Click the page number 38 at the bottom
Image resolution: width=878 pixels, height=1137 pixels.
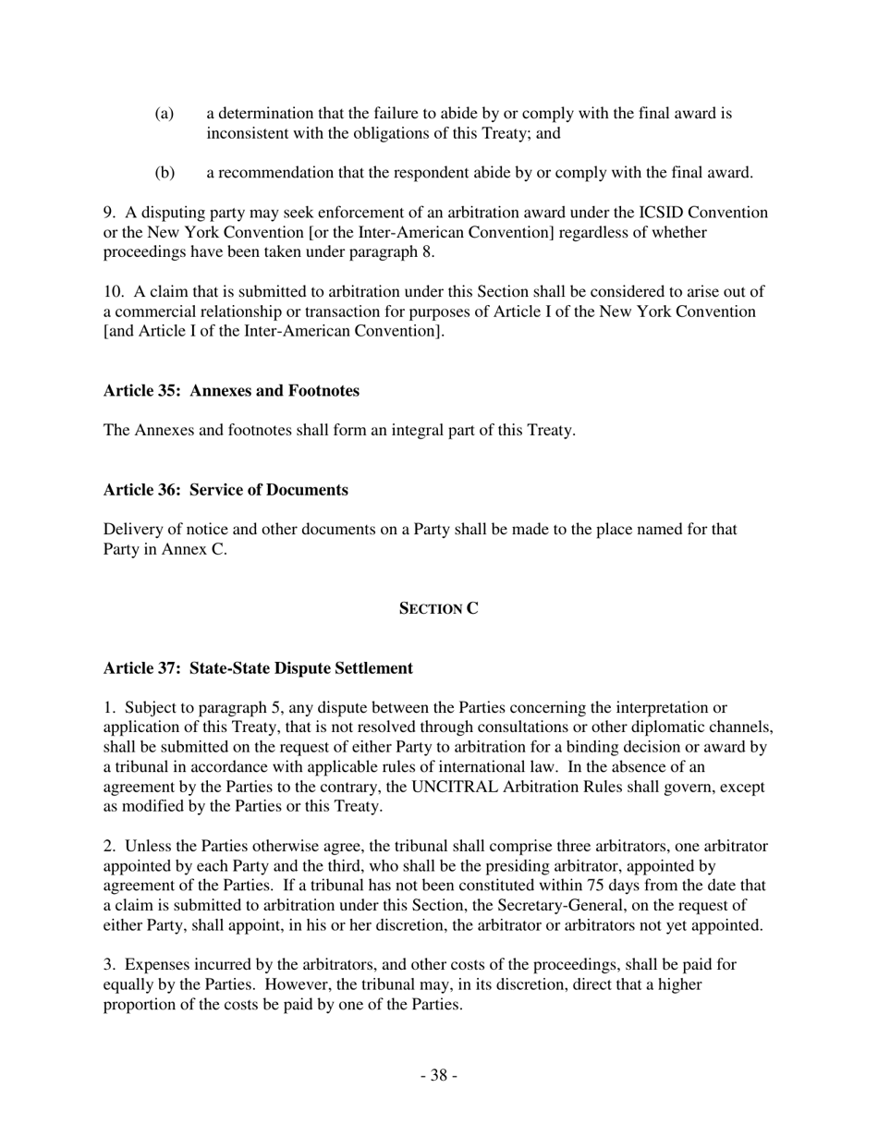pos(439,1075)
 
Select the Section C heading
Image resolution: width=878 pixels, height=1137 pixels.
pos(439,608)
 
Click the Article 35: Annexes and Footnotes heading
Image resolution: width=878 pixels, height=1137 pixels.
pos(231,391)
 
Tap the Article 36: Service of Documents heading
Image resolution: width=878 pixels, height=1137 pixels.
pos(226,490)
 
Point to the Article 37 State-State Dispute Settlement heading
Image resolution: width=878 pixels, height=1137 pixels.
pos(258,668)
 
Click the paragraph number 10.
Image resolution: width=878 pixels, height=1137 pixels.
pos(113,292)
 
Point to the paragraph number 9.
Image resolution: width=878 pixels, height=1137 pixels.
pos(109,213)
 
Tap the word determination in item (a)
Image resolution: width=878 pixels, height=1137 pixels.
pos(266,114)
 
